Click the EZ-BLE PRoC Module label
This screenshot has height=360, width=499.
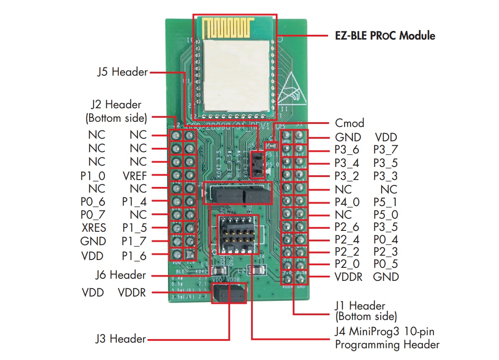coord(385,35)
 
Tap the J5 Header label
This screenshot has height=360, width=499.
coord(122,72)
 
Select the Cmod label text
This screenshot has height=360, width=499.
coord(349,123)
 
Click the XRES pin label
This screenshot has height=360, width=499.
coord(93,227)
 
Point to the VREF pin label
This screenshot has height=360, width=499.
coord(135,176)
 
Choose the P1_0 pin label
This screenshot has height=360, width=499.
coord(93,176)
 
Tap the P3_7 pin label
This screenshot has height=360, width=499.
coord(385,150)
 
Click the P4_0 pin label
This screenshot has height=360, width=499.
coord(348,202)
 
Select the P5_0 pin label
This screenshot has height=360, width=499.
coord(385,215)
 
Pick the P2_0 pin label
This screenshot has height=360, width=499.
coord(348,264)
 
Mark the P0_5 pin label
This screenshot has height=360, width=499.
coord(385,264)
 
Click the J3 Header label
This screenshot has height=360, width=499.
coord(121,339)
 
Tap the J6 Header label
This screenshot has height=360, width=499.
coord(121,275)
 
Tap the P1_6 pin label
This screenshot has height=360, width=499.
coord(134,256)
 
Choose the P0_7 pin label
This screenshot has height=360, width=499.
coord(93,215)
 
